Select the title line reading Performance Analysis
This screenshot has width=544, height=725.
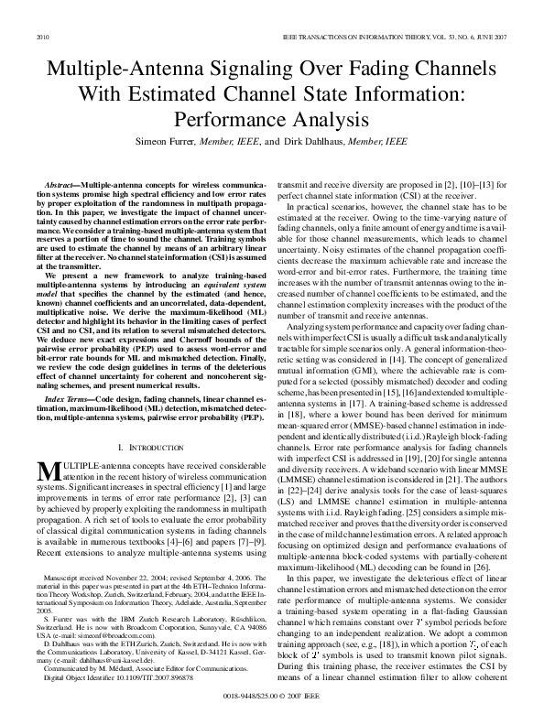pos(272,121)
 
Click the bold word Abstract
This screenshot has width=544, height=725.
pos(62,186)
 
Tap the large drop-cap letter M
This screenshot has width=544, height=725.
pos(48,471)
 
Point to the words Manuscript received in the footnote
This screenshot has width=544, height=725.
pos(75,555)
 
